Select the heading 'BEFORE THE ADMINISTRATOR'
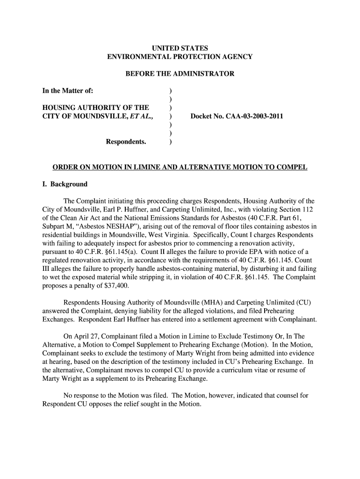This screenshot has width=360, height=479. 180,74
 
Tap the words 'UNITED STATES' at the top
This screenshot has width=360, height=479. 180,48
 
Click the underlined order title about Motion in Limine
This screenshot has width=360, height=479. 180,167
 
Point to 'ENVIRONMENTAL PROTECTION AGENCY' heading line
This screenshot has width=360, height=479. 180,57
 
